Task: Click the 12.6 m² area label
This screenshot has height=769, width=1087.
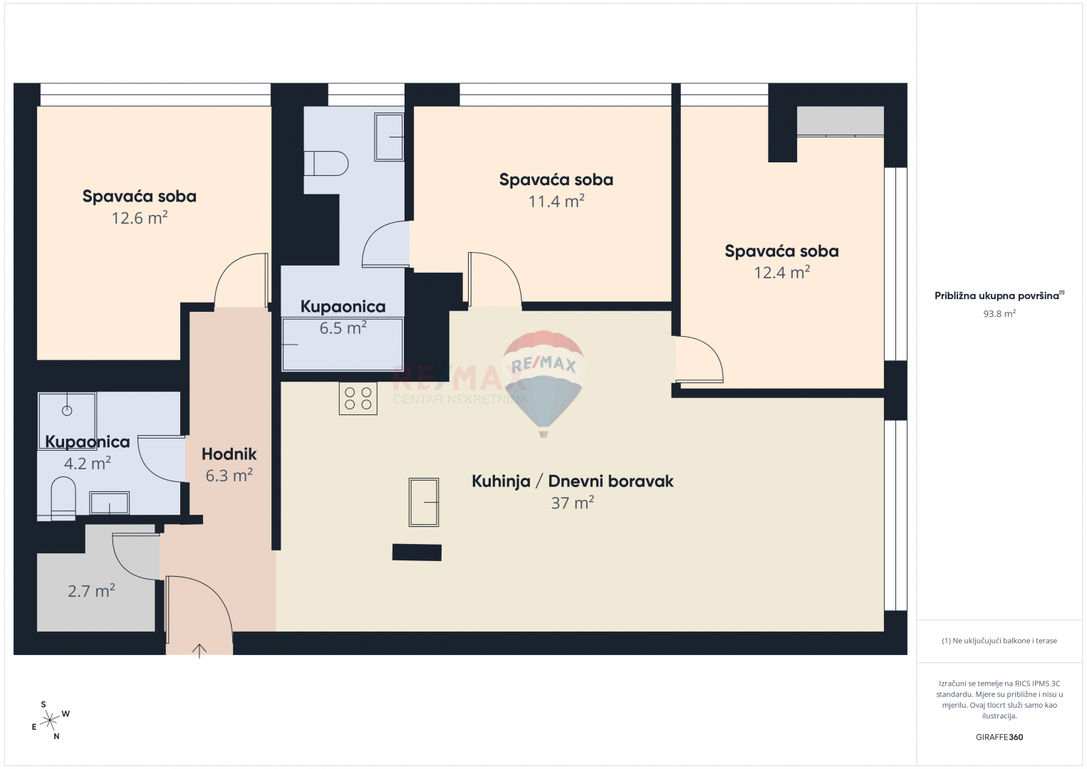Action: coord(140,219)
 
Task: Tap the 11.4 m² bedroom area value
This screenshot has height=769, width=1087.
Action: coord(556,201)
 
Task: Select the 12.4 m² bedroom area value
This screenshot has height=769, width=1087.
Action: coord(781,272)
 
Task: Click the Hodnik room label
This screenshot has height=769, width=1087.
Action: coord(229,454)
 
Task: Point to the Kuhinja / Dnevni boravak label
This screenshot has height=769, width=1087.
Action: coord(573,481)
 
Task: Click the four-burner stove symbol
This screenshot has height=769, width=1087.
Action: coord(358,398)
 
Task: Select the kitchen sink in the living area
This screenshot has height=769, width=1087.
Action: coord(424,502)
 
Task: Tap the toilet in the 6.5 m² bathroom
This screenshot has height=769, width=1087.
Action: coord(326,164)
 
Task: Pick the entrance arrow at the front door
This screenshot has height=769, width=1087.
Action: coord(199,651)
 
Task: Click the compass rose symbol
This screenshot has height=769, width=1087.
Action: coord(50,721)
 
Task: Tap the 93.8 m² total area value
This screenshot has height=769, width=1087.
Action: coord(999,313)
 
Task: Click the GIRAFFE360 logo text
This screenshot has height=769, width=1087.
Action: coord(999,737)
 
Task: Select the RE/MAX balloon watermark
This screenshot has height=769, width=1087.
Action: coord(543,383)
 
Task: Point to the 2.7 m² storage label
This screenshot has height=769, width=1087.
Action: coord(91,591)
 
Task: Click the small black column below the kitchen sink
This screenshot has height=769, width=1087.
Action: coord(417,553)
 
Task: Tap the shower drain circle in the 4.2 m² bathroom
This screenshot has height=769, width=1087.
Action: coord(67,411)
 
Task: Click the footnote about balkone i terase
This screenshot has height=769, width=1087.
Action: coord(999,640)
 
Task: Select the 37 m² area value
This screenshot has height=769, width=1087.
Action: coord(573,503)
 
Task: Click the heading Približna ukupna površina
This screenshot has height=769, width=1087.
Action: coord(997,295)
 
